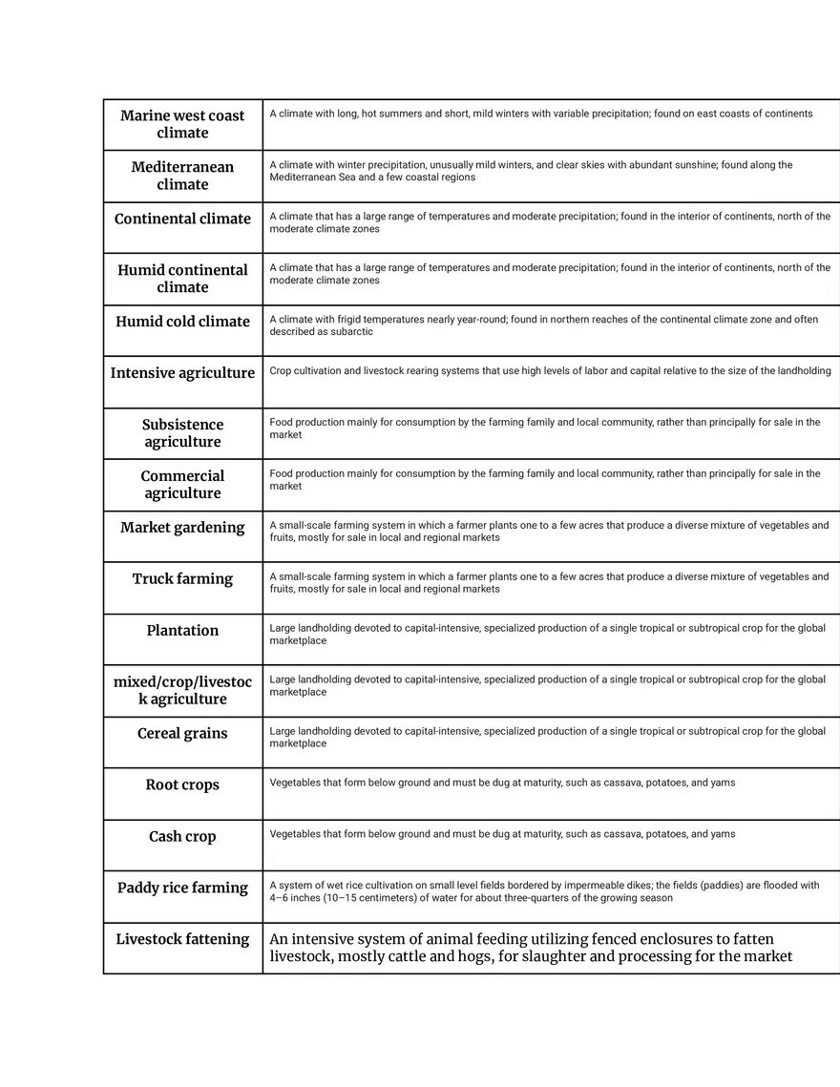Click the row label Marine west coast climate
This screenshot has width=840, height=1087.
point(182,124)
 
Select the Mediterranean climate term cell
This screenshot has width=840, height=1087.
point(182,176)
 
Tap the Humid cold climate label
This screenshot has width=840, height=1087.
point(182,322)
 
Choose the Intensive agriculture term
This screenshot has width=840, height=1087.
point(182,373)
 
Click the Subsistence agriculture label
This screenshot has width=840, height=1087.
point(182,433)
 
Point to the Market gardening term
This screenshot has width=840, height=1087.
point(182,528)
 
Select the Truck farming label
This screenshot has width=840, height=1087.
point(182,579)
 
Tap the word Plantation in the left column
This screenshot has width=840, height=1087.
point(182,631)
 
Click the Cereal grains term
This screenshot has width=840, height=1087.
point(182,734)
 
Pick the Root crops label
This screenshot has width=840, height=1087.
point(182,785)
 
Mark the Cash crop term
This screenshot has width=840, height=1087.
point(182,837)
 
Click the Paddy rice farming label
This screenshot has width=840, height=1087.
point(182,888)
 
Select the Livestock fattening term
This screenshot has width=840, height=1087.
point(182,940)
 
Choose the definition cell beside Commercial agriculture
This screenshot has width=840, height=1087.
point(551,485)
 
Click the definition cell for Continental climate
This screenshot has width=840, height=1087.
point(551,227)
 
